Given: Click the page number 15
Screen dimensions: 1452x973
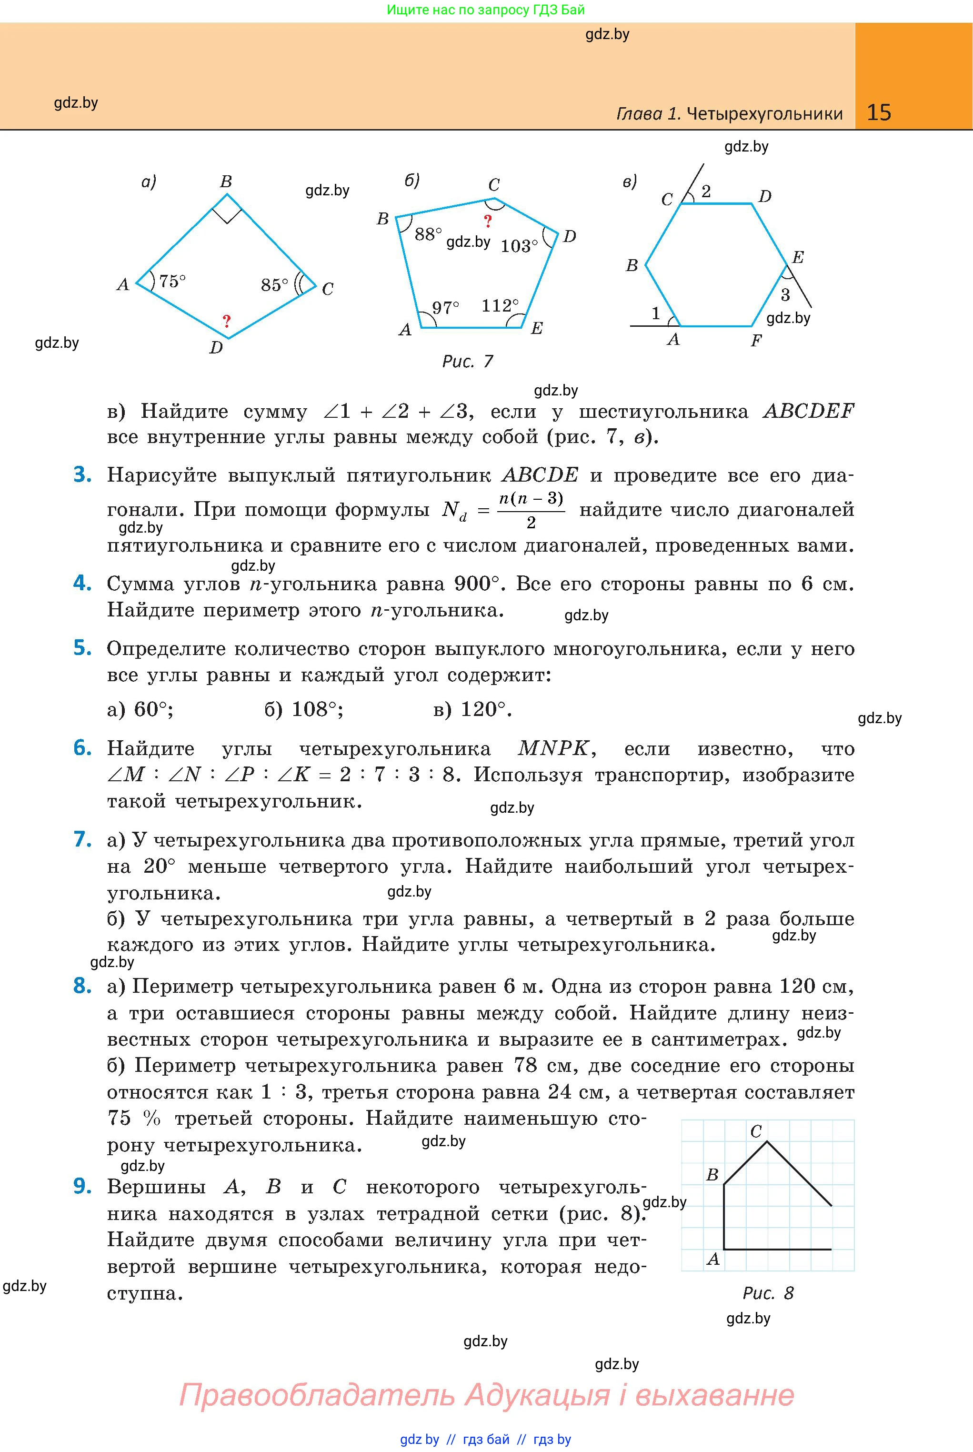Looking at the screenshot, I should (x=878, y=112).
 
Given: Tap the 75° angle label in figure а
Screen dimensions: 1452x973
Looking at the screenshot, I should (x=172, y=282).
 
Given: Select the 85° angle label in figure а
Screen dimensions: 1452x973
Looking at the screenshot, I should (x=274, y=285).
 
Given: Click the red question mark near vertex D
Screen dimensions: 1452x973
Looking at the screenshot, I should (x=227, y=321).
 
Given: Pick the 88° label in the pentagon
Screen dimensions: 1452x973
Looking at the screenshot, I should (x=428, y=234).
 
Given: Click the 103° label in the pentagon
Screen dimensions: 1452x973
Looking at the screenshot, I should (x=519, y=246).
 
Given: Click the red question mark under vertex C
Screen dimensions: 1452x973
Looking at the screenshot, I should (x=488, y=221).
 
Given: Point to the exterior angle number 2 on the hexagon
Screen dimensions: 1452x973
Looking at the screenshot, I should (x=705, y=191).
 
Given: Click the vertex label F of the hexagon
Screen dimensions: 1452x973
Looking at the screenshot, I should (x=756, y=340).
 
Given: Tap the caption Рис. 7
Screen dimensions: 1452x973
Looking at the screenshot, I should (x=467, y=361).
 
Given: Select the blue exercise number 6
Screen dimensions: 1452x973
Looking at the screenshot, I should (x=82, y=748).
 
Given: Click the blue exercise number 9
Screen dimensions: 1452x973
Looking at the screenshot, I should (x=82, y=1187).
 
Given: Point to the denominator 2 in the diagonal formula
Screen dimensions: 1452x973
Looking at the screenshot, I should (x=531, y=523).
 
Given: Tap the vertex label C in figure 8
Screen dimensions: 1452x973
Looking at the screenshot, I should (x=756, y=1131).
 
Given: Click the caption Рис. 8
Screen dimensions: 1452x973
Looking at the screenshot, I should (x=768, y=1293).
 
